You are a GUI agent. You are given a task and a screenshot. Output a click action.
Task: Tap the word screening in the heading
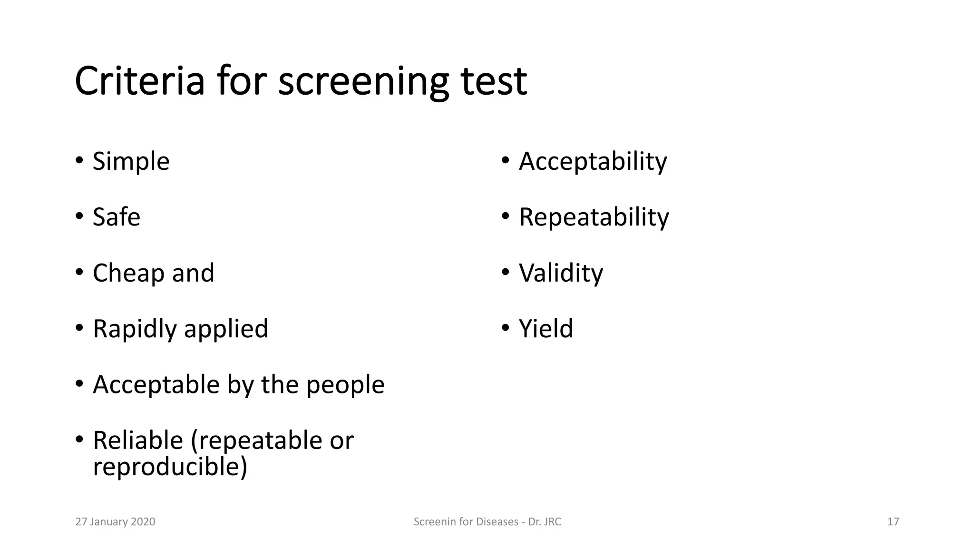tap(363, 82)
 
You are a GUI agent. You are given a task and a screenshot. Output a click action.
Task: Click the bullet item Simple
tap(131, 162)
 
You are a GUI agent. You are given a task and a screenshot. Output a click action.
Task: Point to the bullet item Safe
tap(117, 217)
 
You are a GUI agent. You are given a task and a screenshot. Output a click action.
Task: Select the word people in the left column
tap(345, 385)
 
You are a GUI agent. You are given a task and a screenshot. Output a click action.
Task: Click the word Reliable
tap(138, 440)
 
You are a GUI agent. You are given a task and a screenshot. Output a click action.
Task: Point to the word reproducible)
tap(170, 467)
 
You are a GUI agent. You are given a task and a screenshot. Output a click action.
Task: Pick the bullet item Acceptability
tap(593, 162)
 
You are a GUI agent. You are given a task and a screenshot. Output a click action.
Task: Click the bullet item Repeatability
tap(594, 217)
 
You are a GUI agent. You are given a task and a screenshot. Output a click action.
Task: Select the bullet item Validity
tap(561, 274)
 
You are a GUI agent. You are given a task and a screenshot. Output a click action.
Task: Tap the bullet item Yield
tap(545, 329)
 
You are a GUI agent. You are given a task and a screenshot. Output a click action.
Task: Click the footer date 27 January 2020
tap(116, 522)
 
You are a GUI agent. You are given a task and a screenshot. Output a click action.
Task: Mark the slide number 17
tap(893, 522)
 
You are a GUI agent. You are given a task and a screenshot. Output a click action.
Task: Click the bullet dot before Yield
tap(505, 327)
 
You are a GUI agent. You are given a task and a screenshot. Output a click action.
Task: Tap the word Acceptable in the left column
tap(156, 385)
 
